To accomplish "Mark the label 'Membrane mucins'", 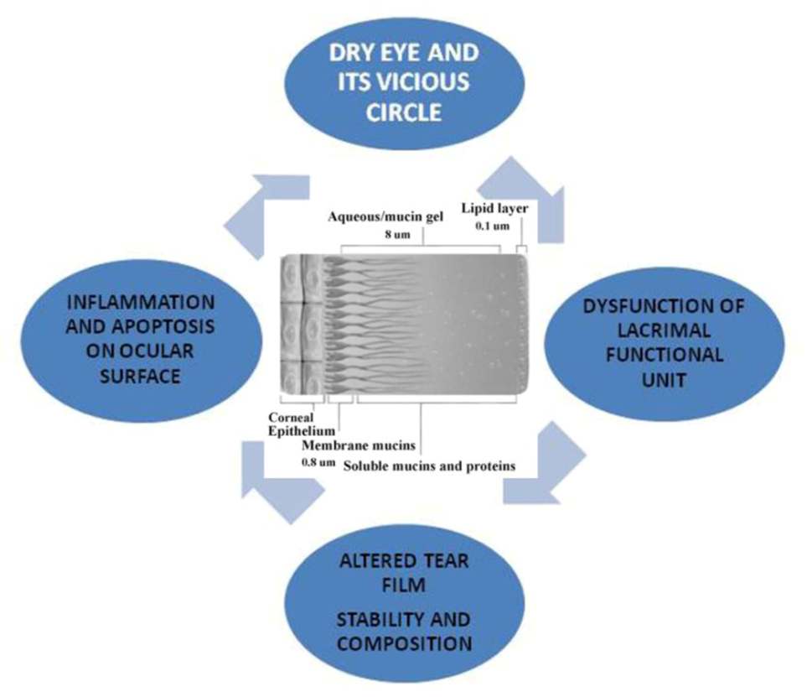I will pyautogui.click(x=359, y=446).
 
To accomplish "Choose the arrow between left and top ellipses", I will pyautogui.click(x=268, y=215).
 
